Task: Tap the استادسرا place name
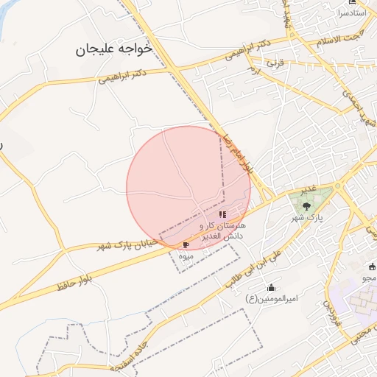click(x=352, y=13)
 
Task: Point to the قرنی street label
click(x=275, y=63)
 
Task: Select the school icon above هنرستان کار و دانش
click(x=222, y=214)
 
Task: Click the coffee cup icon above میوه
click(x=186, y=244)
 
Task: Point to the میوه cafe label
click(x=186, y=256)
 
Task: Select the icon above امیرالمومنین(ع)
click(x=271, y=287)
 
